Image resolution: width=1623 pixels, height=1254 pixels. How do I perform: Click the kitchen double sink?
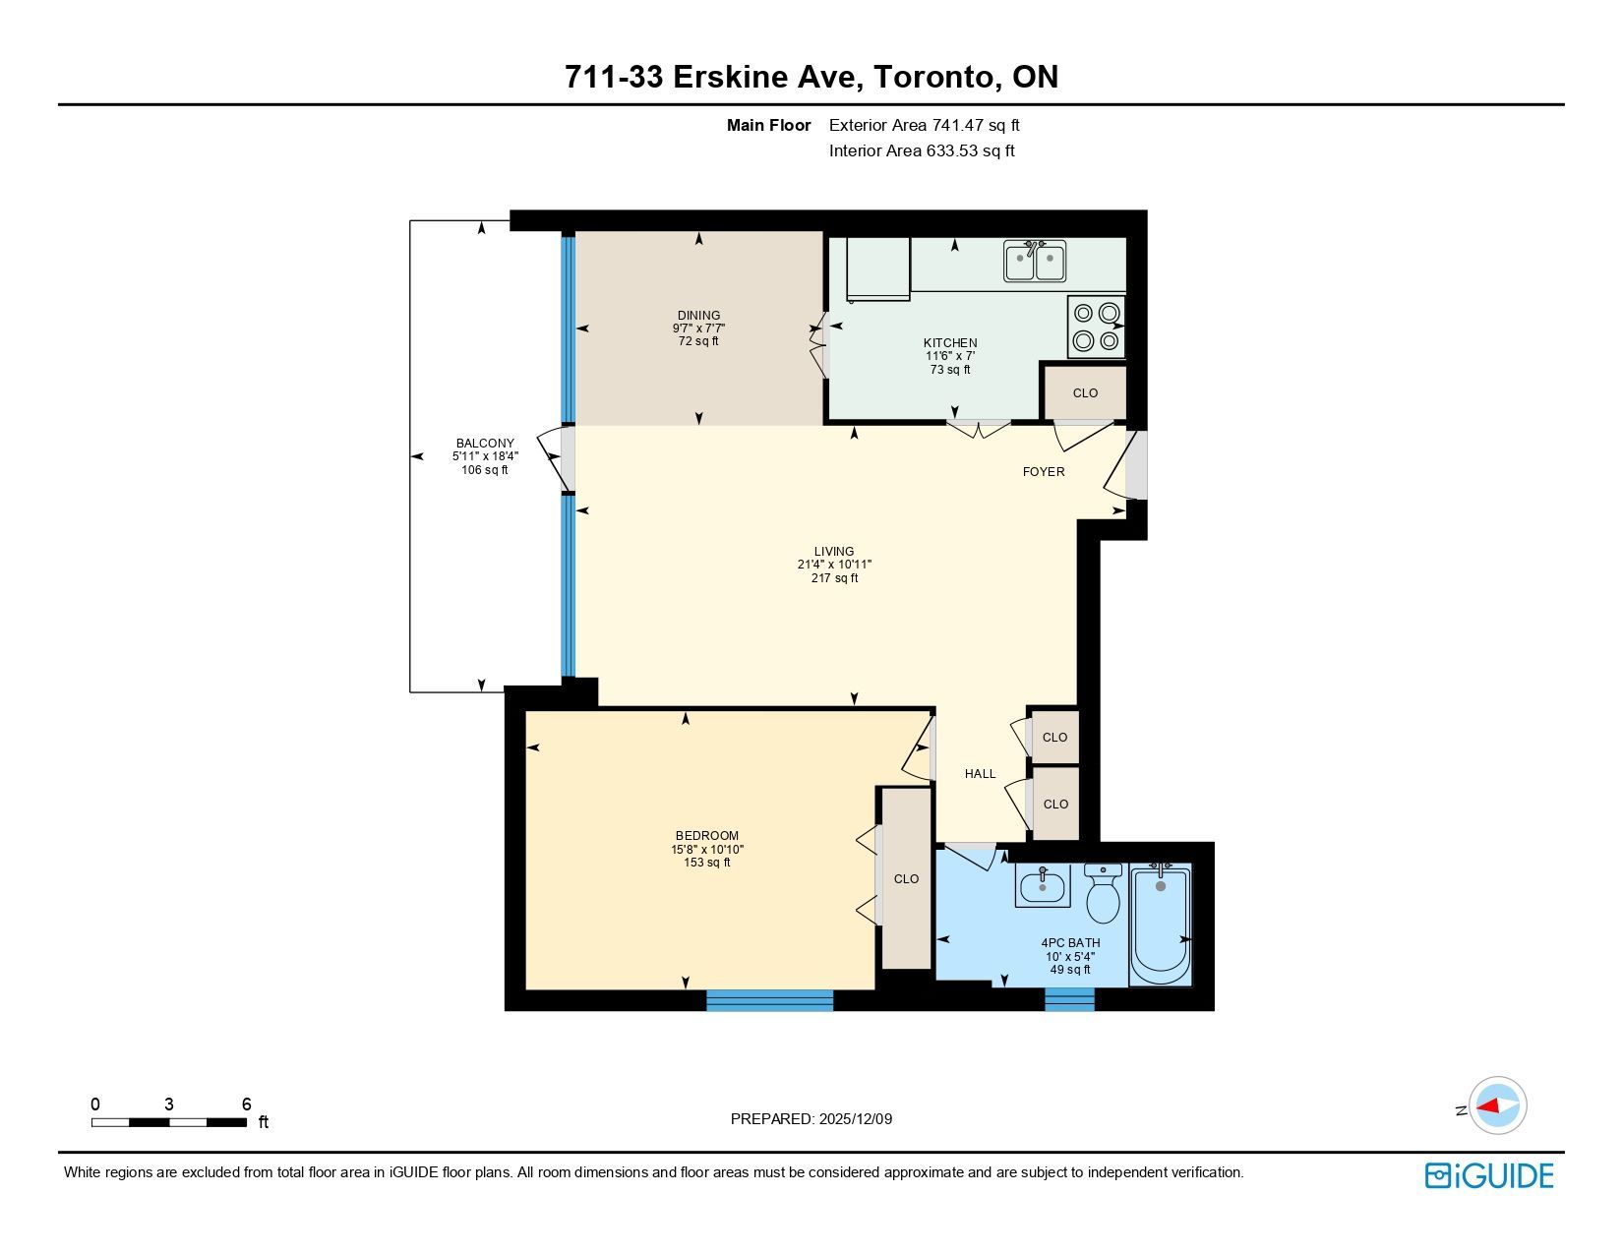[1035, 261]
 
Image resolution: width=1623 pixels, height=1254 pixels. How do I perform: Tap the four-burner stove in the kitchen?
[1096, 327]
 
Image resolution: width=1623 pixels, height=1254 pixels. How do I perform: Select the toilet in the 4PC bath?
[1103, 893]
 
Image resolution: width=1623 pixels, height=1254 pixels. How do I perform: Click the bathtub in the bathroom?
[1160, 925]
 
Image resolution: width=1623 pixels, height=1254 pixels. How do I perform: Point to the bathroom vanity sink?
[1042, 886]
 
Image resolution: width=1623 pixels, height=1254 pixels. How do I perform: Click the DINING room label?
[698, 315]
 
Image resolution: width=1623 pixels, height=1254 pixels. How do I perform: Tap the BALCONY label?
[485, 443]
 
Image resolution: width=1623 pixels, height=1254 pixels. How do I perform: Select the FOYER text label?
[1044, 471]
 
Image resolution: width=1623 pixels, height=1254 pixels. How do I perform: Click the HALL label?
[980, 774]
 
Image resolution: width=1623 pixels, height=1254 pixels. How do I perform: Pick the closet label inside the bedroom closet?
[906, 879]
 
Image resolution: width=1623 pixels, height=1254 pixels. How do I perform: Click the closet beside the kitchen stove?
[1085, 392]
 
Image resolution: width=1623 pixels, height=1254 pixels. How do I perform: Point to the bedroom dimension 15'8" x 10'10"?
[707, 849]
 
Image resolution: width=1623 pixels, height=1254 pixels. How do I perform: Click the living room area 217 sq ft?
[834, 578]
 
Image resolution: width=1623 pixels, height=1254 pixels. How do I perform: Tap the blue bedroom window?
[769, 1000]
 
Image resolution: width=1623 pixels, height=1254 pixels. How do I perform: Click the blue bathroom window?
[1069, 999]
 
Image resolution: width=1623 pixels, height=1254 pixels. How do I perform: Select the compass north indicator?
[1462, 1110]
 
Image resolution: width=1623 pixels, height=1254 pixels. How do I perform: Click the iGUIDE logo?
[1488, 1175]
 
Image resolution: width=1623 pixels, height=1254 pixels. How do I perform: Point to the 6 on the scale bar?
[247, 1104]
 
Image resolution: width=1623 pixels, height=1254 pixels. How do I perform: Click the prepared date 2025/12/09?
[855, 1119]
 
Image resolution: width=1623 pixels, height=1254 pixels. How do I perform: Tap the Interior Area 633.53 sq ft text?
[922, 150]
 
